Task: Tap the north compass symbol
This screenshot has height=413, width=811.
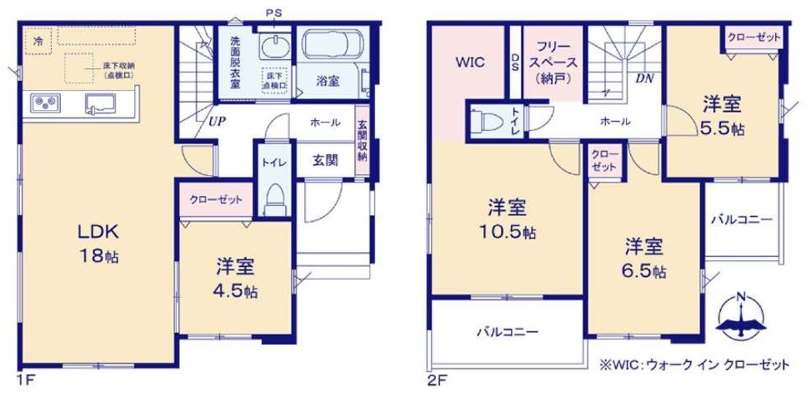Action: [x=740, y=317]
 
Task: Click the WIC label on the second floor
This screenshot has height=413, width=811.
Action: [x=468, y=63]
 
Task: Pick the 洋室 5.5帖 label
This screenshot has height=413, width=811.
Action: [x=721, y=117]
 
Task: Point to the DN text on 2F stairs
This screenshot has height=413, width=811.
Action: [x=643, y=79]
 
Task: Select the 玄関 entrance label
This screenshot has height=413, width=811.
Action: [x=325, y=160]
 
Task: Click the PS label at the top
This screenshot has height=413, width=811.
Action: [x=273, y=12]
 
